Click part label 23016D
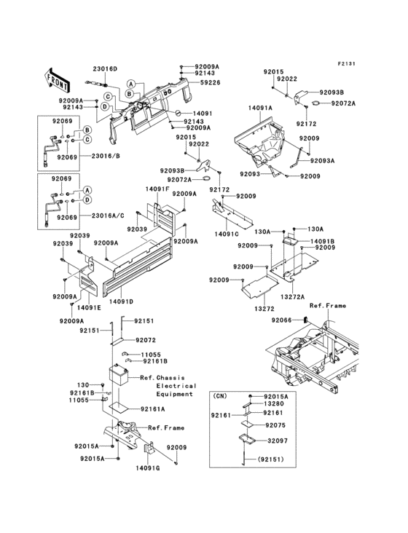pos(105,68)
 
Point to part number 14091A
pos(259,107)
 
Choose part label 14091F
pos(157,189)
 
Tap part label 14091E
pos(88,308)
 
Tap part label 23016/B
pos(96,157)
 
